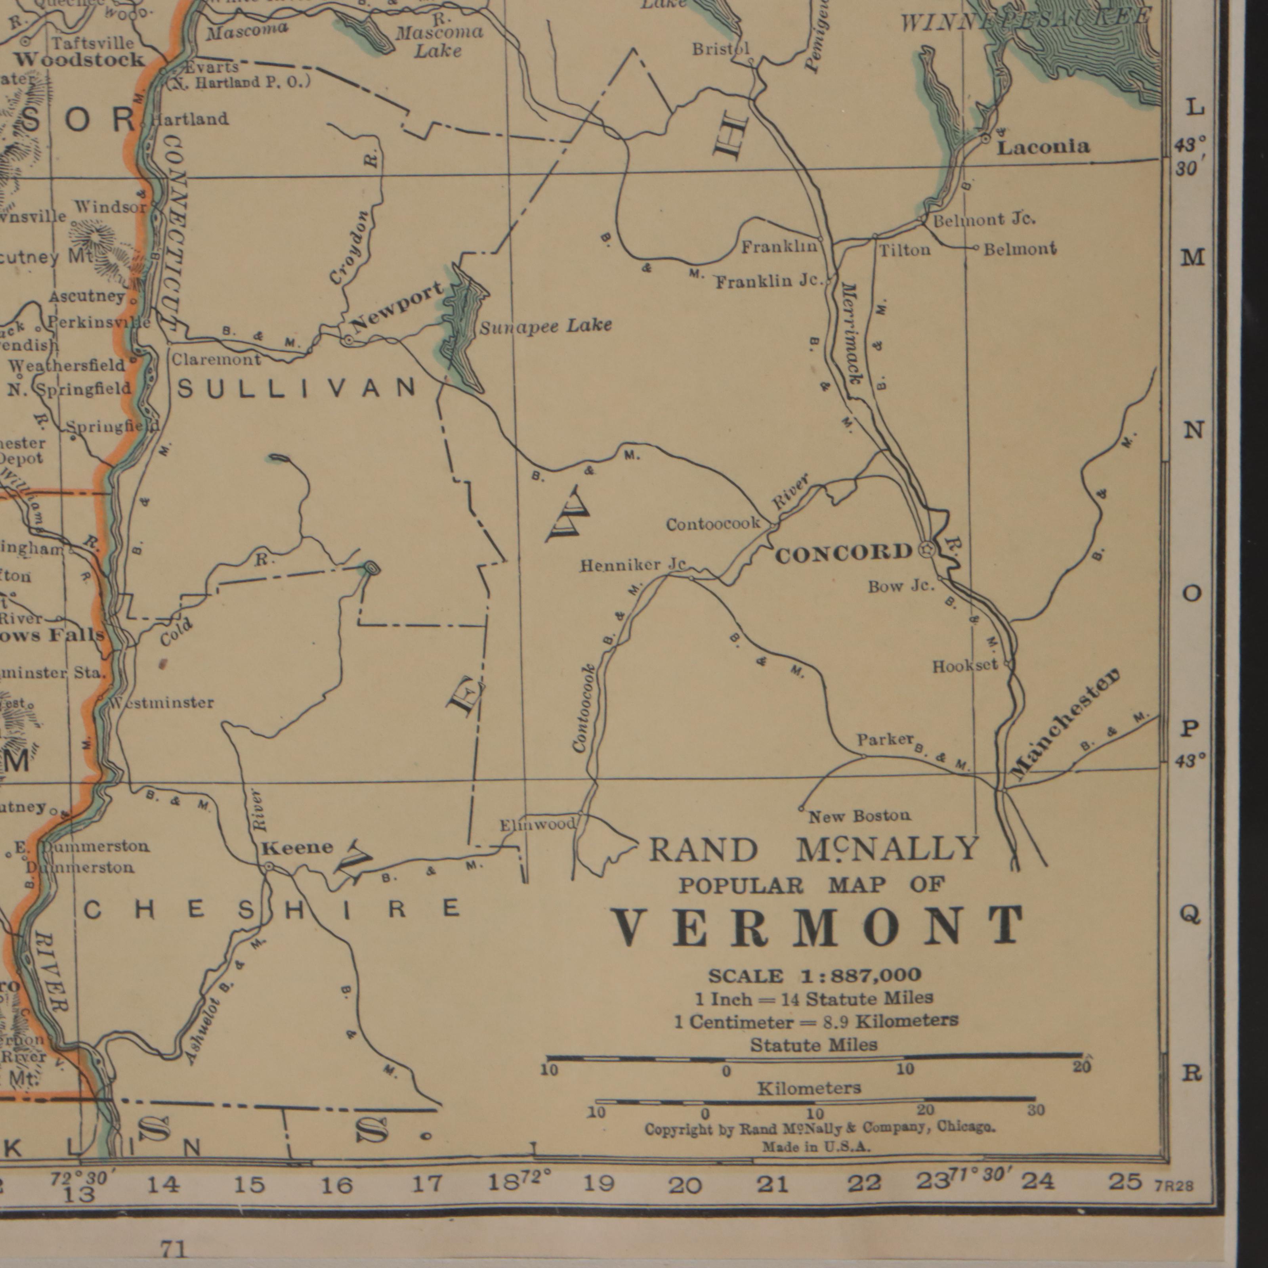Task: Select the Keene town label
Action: coord(297,847)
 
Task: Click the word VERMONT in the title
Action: coord(817,926)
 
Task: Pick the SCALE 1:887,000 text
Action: coord(814,976)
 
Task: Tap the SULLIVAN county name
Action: coord(297,389)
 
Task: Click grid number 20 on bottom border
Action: coord(685,1185)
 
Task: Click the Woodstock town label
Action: coord(79,60)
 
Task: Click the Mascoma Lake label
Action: coord(438,41)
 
